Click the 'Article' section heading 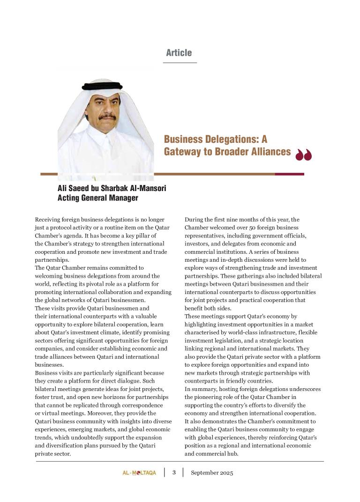pos(179,53)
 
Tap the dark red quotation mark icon pos(304,155)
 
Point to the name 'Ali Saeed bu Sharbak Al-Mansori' pos(105,188)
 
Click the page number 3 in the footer pos(174,472)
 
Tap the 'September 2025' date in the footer pos(212,472)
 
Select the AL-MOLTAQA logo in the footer pos(136,472)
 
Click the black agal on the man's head pos(102,86)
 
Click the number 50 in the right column pos(246,227)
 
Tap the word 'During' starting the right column pos(194,219)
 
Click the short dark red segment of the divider pos(289,174)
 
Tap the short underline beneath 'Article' pos(180,62)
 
